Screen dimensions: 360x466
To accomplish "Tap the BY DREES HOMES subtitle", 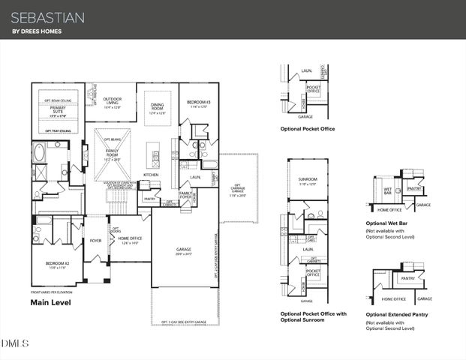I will [38, 31].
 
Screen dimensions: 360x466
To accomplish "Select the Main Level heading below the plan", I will [55, 303].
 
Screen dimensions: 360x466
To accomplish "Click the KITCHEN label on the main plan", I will [151, 175].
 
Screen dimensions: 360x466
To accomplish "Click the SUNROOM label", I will [308, 179].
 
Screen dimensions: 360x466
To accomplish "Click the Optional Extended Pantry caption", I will [397, 314].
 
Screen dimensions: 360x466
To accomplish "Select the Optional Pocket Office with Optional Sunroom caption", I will [313, 316].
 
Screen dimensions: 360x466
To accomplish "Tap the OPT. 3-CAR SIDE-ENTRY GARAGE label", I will [185, 322].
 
